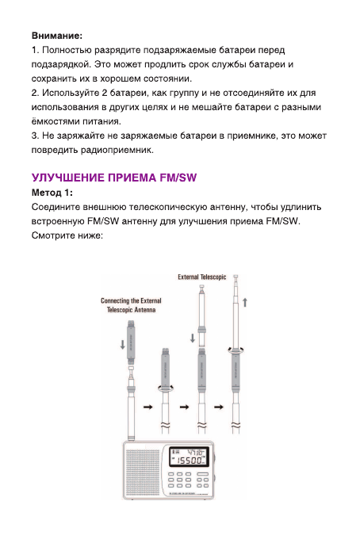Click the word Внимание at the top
click(x=56, y=36)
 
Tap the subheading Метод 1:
click(x=52, y=193)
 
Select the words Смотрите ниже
click(x=67, y=235)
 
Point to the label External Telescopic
click(x=201, y=277)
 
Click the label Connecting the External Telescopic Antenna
click(x=131, y=306)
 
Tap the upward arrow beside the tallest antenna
click(x=246, y=302)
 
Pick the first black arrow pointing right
click(x=147, y=407)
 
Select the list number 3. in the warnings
click(x=35, y=136)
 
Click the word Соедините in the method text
click(x=59, y=207)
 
